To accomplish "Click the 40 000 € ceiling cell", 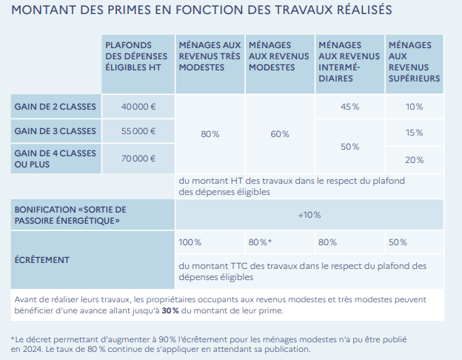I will click(138, 107).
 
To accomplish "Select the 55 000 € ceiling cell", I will click(138, 132).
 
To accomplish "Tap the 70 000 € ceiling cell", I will click(138, 158).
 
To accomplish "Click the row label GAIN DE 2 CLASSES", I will click(56, 107).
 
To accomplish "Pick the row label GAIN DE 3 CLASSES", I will click(56, 132).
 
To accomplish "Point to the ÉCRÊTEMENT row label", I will click(42, 260).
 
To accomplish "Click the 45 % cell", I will click(349, 107).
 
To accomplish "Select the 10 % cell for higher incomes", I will click(415, 107).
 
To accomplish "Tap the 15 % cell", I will click(415, 133).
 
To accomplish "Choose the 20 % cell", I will click(415, 160).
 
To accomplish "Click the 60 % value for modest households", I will click(280, 134).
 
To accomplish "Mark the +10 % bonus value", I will click(309, 215).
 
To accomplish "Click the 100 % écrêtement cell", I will click(190, 242).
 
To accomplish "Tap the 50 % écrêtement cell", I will click(398, 242).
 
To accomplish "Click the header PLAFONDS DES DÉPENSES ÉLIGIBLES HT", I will click(136, 56).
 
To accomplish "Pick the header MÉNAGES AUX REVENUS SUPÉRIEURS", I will click(414, 61).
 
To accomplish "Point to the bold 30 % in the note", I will click(171, 310).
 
